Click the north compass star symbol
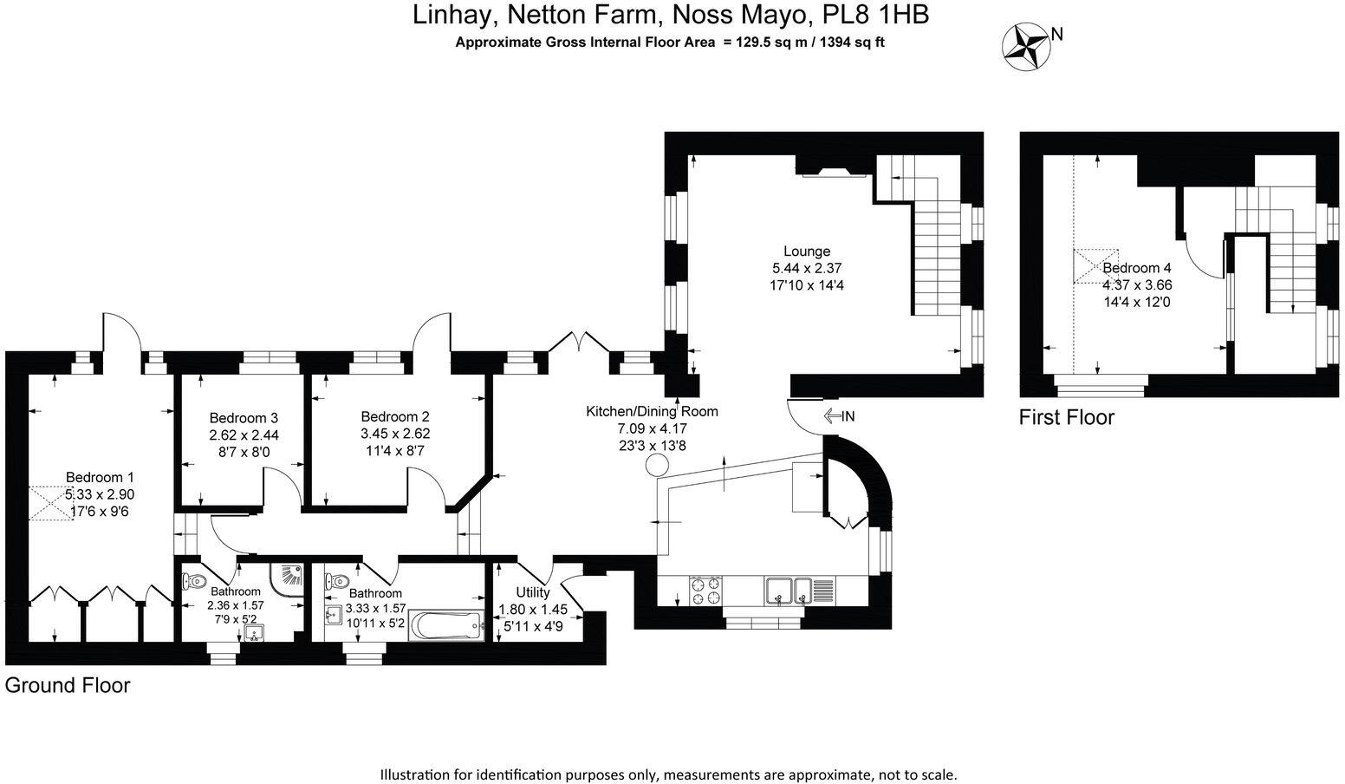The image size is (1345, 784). click(1024, 45)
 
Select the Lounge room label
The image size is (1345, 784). click(806, 252)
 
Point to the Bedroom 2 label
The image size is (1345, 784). click(395, 416)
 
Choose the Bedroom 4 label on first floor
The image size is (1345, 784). click(1137, 268)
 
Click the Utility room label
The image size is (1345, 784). click(532, 592)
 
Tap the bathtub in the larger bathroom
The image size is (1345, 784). click(445, 624)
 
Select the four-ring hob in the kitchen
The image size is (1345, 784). click(704, 591)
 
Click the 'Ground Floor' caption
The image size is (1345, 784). click(68, 685)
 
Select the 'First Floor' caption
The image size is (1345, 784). click(1066, 417)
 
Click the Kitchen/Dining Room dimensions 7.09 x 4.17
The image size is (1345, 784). click(652, 428)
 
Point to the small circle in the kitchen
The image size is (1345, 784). click(656, 466)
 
